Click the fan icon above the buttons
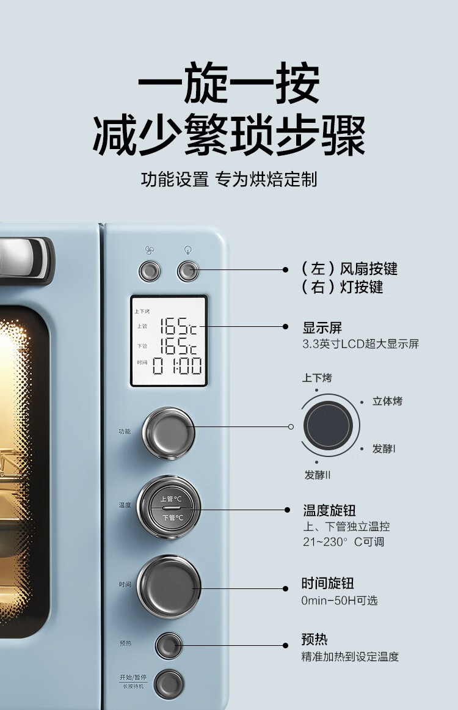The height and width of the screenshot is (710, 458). coord(150,250)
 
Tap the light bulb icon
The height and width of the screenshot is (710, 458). coord(188,250)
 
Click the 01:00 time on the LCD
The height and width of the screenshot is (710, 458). coord(177,366)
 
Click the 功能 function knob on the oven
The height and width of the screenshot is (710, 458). coord(169,433)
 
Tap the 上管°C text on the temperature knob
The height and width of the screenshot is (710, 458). coord(168,499)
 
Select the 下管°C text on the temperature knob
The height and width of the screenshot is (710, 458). coord(168,518)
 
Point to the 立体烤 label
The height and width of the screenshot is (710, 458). coord(388,401)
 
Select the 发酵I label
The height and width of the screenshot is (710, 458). coord(384,448)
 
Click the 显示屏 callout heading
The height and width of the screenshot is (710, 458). coord(322,328)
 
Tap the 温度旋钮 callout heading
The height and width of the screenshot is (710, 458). coord(329,510)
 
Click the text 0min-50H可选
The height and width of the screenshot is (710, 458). coord(340,601)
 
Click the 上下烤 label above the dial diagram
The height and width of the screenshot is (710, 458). coord(317,378)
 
